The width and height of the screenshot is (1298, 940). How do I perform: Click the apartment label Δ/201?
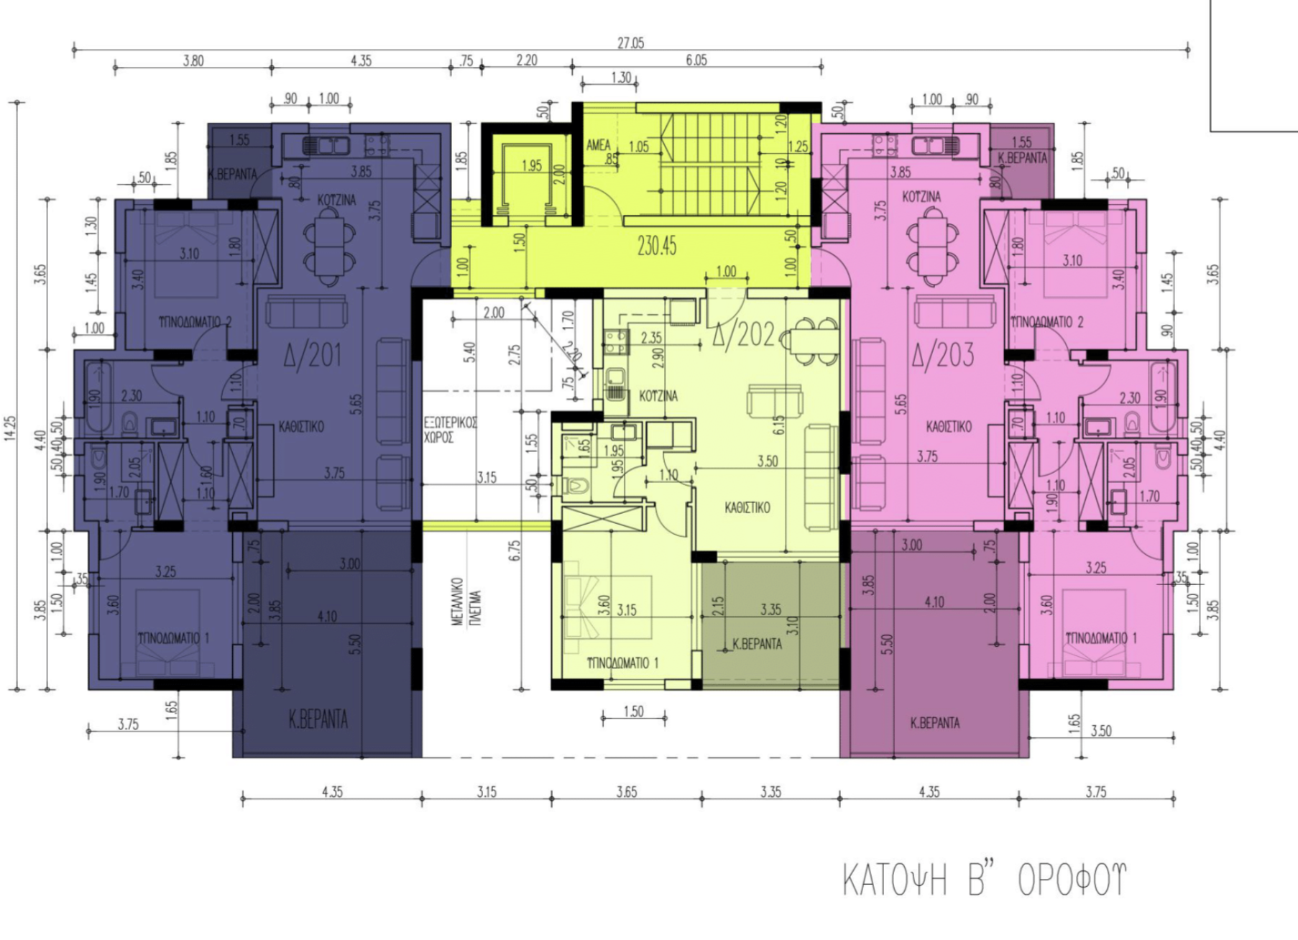tap(312, 355)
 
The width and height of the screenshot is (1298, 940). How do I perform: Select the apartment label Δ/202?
tap(742, 334)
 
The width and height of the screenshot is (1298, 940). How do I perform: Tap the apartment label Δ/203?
tap(943, 354)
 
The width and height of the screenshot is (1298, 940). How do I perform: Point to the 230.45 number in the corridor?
tap(656, 246)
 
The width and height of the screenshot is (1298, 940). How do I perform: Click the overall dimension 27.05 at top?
tap(630, 43)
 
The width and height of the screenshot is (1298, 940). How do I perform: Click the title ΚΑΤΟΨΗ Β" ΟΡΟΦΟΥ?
tap(984, 880)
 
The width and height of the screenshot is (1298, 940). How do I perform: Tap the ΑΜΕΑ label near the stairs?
tap(598, 146)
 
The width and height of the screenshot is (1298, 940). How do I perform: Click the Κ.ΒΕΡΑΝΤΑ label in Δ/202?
tap(756, 644)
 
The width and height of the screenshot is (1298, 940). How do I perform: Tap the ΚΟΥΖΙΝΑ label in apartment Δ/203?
tap(921, 197)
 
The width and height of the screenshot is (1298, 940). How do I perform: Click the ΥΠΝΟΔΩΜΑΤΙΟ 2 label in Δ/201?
tap(194, 322)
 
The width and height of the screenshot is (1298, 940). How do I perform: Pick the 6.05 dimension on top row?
tap(696, 60)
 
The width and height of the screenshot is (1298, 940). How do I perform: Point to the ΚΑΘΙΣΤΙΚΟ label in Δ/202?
tap(747, 507)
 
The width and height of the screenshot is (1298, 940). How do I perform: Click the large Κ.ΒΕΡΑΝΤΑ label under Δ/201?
tap(318, 719)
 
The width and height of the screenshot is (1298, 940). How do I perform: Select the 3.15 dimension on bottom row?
tap(486, 792)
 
